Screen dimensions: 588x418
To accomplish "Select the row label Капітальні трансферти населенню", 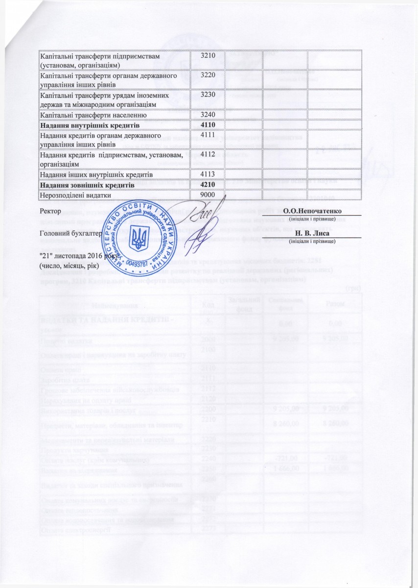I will (93, 115).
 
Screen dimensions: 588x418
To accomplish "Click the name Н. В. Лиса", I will (317, 234).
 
